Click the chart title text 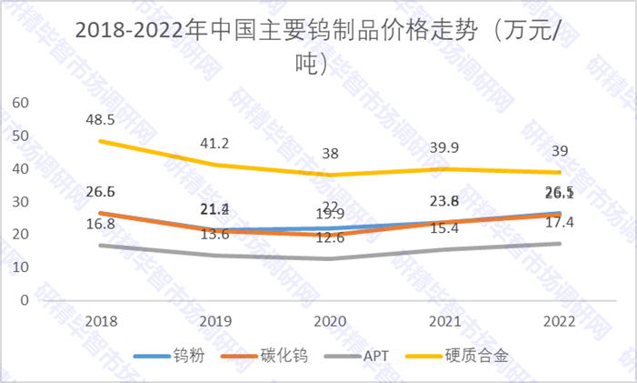click(x=319, y=45)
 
